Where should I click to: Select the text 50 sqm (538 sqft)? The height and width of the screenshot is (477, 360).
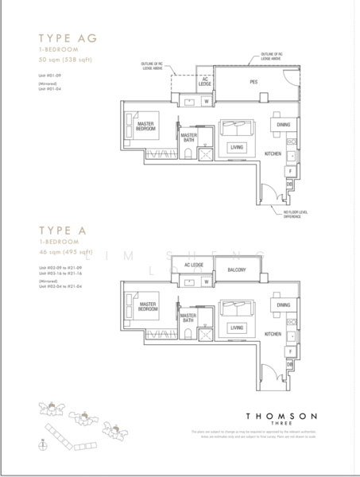pyautogui.click(x=57, y=60)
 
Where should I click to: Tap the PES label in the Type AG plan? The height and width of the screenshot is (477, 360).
pyautogui.click(x=254, y=82)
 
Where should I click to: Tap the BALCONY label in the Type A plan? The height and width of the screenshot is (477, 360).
pyautogui.click(x=235, y=270)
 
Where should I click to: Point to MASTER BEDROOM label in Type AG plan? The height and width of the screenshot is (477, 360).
pyautogui.click(x=146, y=125)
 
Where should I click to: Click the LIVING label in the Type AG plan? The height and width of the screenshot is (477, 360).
pyautogui.click(x=235, y=146)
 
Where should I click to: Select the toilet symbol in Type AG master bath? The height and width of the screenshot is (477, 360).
pyautogui.click(x=188, y=153)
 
